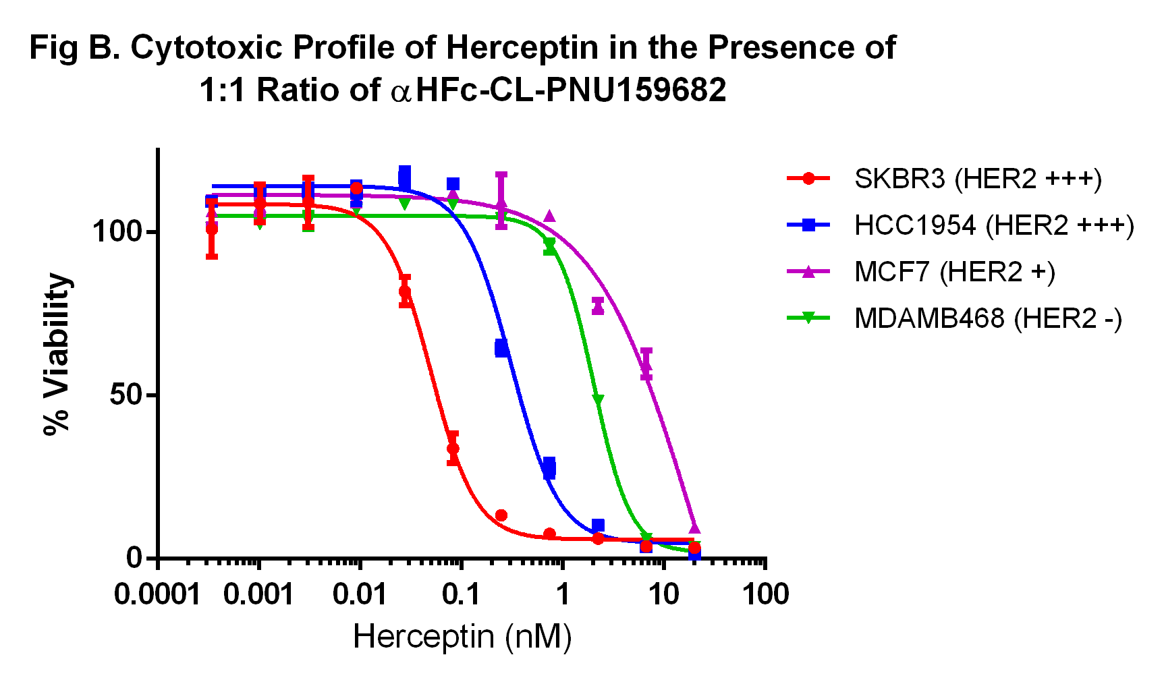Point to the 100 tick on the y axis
(x=117, y=231)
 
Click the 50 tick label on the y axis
(x=126, y=395)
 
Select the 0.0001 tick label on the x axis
(x=157, y=595)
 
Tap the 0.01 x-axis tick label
(x=361, y=595)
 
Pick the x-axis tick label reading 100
(x=765, y=595)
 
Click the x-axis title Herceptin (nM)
(x=462, y=636)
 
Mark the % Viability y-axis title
(x=57, y=354)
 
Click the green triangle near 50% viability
(x=598, y=400)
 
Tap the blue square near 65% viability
(x=501, y=348)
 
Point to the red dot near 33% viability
(x=453, y=449)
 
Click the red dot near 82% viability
(x=405, y=291)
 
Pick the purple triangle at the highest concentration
(x=694, y=528)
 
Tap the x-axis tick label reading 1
(x=562, y=595)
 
